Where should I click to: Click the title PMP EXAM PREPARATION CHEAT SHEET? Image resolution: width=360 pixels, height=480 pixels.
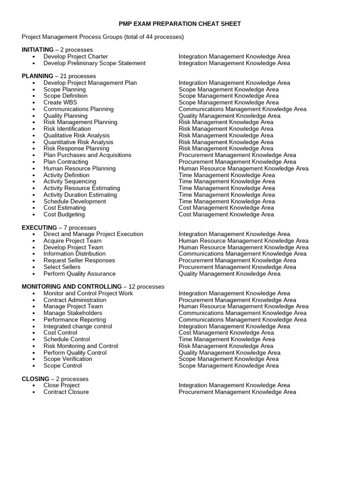tap(180, 23)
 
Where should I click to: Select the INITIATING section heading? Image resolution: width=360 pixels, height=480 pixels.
tap(37, 50)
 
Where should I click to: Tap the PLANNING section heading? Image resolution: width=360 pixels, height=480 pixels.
tap(37, 76)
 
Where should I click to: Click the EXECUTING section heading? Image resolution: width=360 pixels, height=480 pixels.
tap(39, 227)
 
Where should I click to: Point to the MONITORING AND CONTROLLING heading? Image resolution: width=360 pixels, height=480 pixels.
tap(72, 286)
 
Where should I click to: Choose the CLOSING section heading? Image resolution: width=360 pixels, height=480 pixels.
tap(35, 379)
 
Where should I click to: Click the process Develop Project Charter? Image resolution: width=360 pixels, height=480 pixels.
tap(75, 56)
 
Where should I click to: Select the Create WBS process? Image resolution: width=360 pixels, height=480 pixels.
tap(60, 102)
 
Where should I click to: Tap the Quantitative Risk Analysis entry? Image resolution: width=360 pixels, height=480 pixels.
tap(78, 142)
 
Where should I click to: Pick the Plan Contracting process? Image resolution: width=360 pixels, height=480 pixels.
tap(66, 162)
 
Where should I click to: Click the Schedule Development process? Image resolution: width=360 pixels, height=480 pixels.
tap(75, 201)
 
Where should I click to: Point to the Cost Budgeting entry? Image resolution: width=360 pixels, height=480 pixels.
tap(64, 214)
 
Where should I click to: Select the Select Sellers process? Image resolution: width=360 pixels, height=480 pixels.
tap(62, 267)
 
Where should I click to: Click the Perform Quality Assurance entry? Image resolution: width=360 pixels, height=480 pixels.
tap(79, 274)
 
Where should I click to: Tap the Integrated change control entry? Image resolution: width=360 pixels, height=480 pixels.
tap(78, 326)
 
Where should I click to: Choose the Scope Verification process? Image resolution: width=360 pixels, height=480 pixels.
tap(68, 359)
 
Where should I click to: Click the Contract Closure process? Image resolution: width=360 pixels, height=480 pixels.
tap(66, 392)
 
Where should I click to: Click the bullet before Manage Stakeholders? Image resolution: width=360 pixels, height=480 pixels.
tap(34, 313)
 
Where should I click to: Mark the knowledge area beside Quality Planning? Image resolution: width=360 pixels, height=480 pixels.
tap(229, 116)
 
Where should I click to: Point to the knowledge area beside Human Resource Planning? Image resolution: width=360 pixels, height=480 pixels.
tap(243, 168)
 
